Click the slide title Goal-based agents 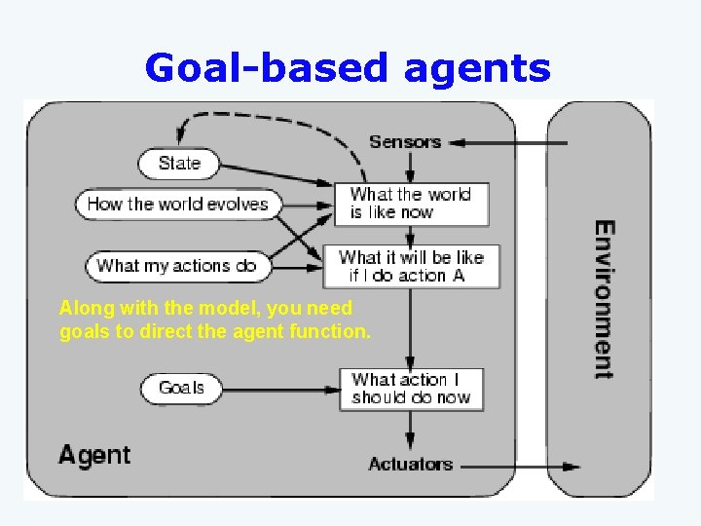348,68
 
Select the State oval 178,163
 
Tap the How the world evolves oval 177,204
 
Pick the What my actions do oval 177,265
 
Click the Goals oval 181,388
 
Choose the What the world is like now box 411,204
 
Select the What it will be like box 411,266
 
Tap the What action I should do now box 411,389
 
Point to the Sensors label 405,142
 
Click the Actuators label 410,464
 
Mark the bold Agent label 94,455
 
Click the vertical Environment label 605,299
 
